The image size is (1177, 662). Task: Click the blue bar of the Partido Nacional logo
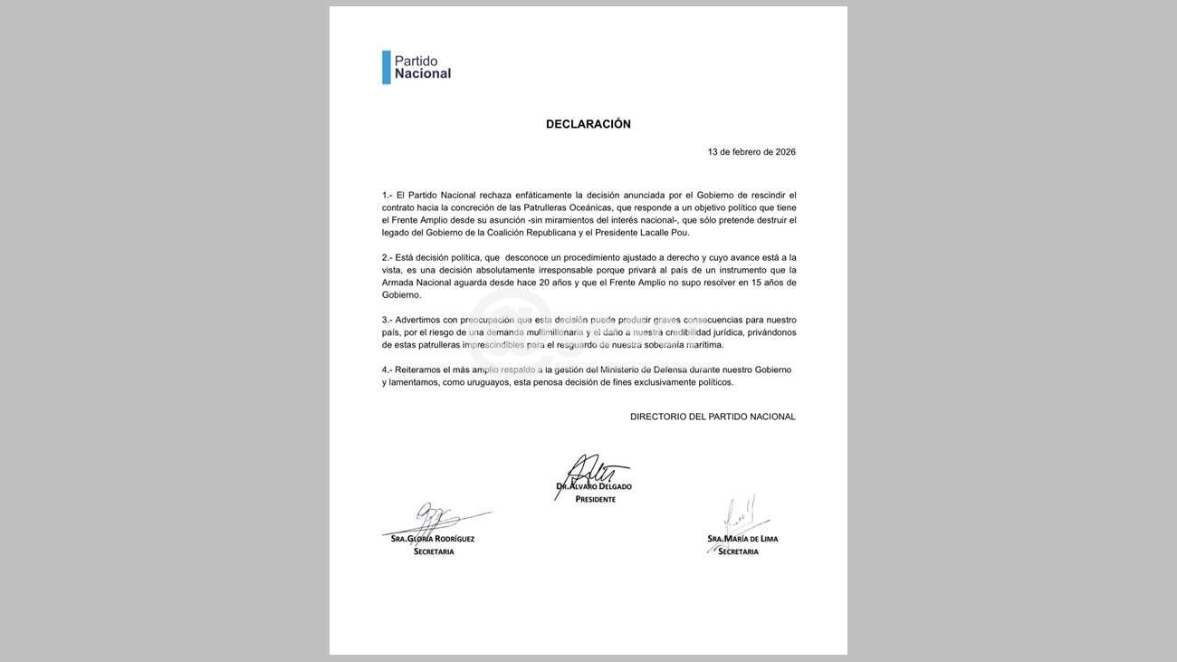387,67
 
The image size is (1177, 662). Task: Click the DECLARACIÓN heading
588,124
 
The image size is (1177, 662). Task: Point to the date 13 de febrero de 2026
751,152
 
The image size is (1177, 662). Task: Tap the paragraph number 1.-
388,195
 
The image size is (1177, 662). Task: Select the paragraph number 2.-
388,257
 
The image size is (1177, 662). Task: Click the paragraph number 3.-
388,320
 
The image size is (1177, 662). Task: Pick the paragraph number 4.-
388,369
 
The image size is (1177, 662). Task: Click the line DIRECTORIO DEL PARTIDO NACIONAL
713,417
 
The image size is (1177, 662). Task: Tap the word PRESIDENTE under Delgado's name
595,499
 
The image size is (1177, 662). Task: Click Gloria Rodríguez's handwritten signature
433,521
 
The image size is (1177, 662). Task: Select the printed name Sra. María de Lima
742,539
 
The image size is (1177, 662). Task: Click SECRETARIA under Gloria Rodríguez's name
434,552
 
